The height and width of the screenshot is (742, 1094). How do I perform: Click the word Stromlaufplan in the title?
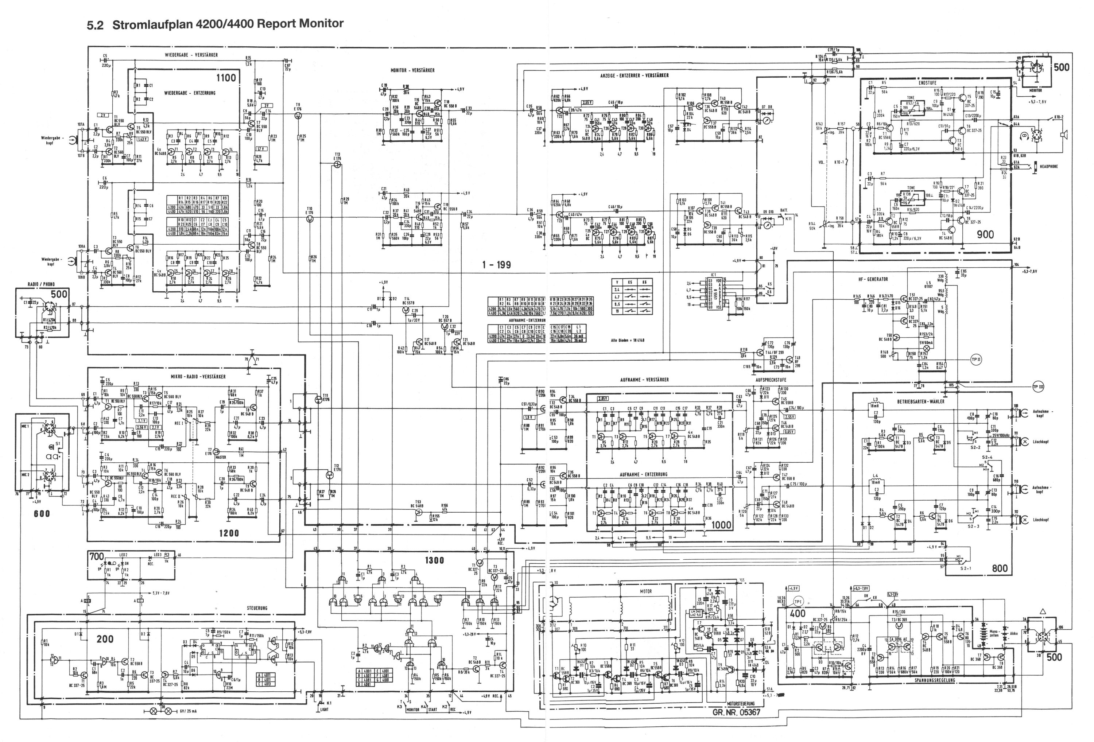click(152, 24)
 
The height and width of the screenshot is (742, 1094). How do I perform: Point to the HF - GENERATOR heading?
click(873, 279)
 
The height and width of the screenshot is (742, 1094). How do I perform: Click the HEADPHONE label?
click(1049, 167)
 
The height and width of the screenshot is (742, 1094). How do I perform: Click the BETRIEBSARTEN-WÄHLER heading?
click(920, 401)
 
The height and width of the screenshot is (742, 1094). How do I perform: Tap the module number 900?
click(985, 234)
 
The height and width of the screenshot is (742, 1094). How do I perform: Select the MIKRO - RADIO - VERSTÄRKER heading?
click(198, 377)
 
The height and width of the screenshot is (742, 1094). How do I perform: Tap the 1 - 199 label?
click(496, 265)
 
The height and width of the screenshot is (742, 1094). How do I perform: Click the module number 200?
click(105, 639)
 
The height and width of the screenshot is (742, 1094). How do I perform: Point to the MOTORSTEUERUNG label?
click(741, 703)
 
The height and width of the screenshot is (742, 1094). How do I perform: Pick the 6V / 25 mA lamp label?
click(184, 711)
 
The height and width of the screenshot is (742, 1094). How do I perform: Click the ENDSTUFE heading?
click(927, 83)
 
